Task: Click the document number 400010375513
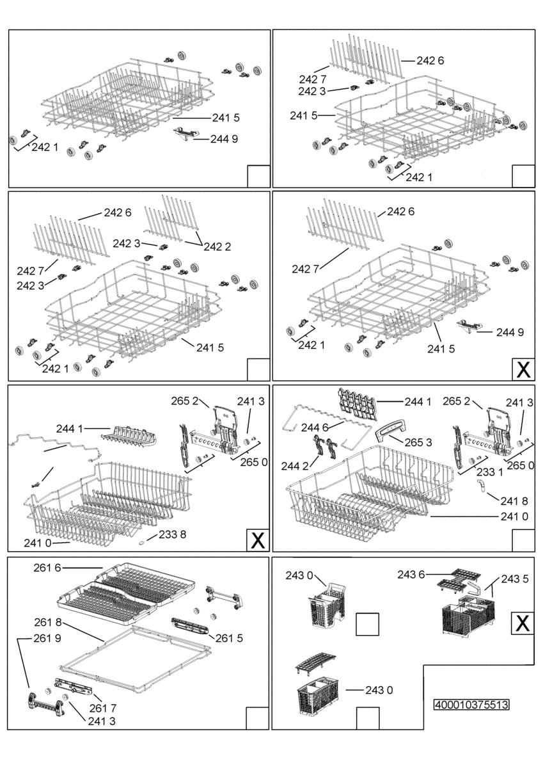click(471, 705)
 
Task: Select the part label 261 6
click(48, 568)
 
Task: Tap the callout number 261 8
click(49, 621)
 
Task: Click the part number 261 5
click(229, 638)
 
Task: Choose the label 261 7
click(102, 708)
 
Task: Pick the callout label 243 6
click(411, 575)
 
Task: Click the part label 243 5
click(515, 579)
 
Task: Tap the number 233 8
click(173, 534)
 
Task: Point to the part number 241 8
click(515, 501)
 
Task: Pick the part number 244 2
click(295, 466)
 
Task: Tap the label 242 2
click(219, 247)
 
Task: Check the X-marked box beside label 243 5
click(522, 623)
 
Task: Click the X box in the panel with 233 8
click(258, 541)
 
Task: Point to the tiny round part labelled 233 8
click(142, 541)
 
